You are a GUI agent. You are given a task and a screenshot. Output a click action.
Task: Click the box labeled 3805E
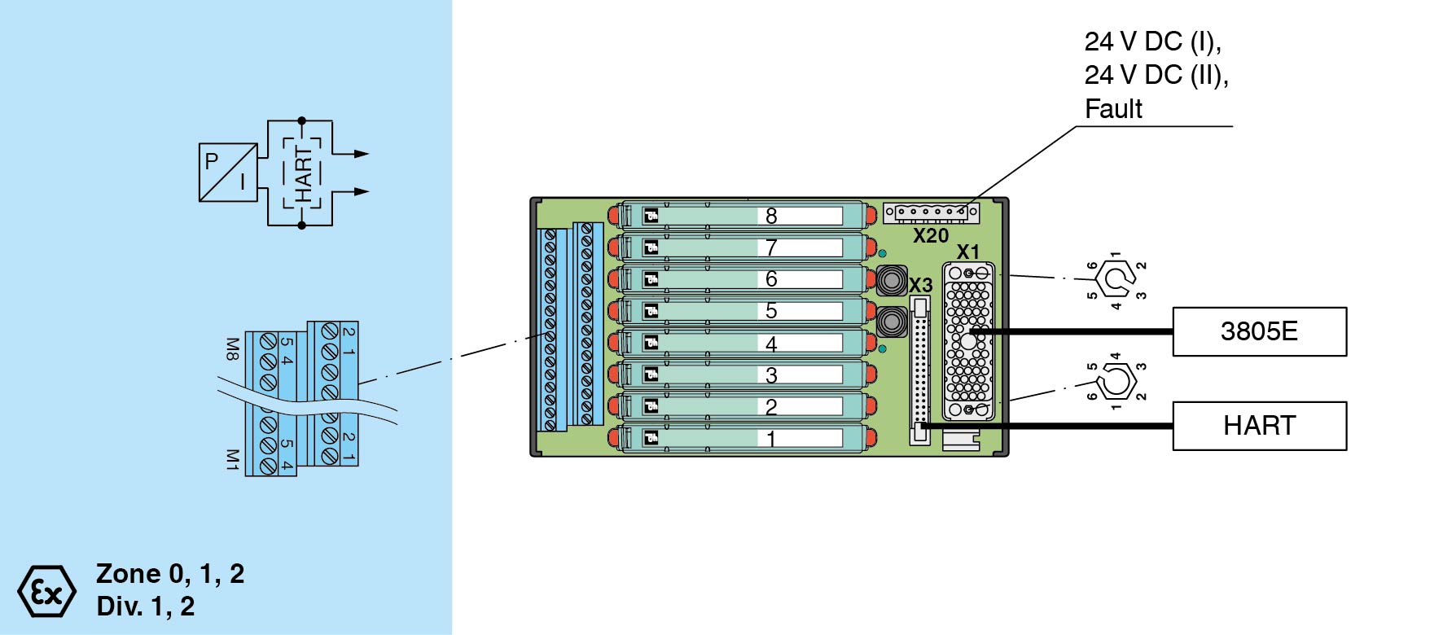(x=1259, y=331)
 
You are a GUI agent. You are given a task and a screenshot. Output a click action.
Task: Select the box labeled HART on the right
(x=1259, y=426)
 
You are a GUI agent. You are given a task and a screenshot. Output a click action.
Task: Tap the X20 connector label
(x=930, y=236)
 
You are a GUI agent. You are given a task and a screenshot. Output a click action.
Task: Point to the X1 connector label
(x=967, y=252)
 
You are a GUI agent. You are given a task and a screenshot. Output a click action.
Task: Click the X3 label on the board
(x=920, y=286)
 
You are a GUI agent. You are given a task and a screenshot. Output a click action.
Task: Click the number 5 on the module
(x=771, y=311)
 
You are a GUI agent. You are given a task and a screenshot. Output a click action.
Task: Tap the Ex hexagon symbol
(x=47, y=591)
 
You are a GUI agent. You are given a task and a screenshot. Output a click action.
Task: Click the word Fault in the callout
(x=1113, y=109)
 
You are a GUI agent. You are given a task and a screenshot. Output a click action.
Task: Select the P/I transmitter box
(x=228, y=173)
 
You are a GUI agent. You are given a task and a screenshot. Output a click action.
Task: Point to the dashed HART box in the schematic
(x=302, y=173)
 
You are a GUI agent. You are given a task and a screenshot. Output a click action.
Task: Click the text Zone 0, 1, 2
(x=170, y=574)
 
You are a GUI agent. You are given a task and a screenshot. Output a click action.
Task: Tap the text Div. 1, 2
(x=146, y=607)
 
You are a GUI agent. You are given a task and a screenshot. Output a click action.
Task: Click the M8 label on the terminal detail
(x=232, y=349)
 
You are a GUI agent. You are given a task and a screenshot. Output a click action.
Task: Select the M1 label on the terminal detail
(x=232, y=459)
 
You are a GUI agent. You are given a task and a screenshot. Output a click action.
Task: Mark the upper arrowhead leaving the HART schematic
(x=361, y=154)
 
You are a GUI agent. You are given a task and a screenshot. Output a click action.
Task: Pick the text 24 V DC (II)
(x=1156, y=75)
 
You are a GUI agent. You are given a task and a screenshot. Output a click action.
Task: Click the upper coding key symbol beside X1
(x=1115, y=279)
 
